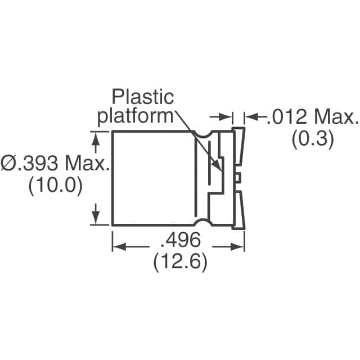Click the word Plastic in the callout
pos(143,97)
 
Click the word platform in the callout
pos(135,116)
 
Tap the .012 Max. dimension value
pos(312,118)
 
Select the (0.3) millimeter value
pos(313,138)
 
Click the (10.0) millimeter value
pos(55,185)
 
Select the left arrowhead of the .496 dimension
pos(118,247)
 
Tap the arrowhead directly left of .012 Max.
pos(249,117)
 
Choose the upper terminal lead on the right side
pos(239,149)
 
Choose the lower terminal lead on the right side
pos(239,208)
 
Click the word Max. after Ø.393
pos(85,164)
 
